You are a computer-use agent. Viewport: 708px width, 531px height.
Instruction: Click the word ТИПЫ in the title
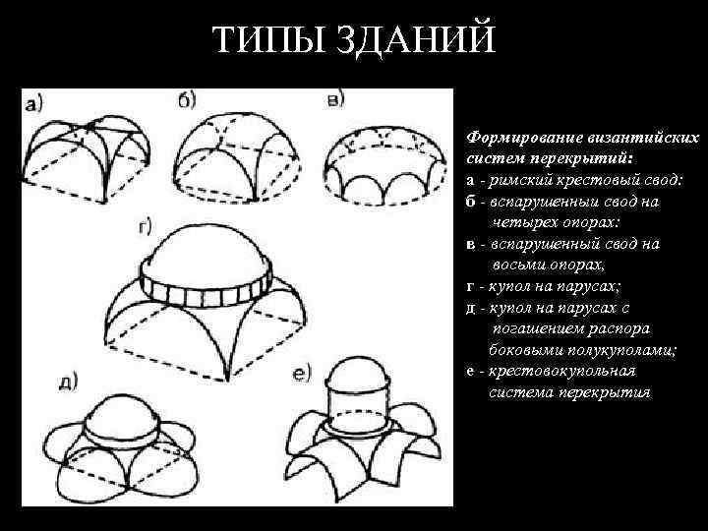pos(260,41)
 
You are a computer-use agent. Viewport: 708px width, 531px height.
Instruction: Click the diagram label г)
pos(144,227)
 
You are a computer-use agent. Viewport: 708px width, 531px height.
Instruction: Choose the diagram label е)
pos(302,373)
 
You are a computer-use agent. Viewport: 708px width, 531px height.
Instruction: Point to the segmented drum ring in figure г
pos(205,287)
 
